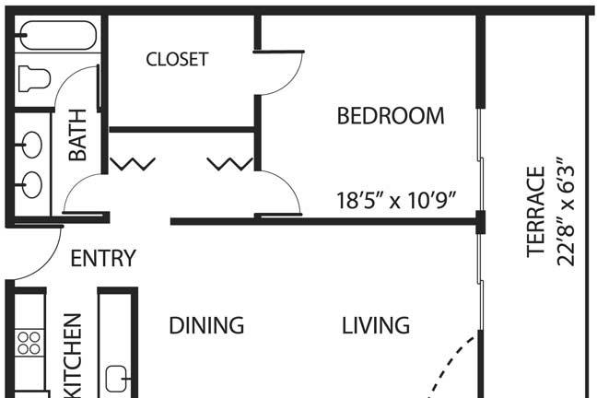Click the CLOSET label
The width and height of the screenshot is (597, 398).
177,59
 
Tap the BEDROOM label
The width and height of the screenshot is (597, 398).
391,116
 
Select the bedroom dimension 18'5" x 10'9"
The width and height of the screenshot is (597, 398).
396,200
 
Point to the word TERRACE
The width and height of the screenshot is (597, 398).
536,212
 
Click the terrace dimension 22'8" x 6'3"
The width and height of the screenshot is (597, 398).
565,211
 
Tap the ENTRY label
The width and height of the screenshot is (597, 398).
103,258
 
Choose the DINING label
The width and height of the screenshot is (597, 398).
206,325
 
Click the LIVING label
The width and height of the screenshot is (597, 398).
376,325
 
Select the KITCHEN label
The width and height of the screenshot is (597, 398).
73,356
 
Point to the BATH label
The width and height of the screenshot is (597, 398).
77,135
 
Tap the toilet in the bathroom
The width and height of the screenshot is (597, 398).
34,79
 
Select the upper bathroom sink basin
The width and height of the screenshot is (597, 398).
31,145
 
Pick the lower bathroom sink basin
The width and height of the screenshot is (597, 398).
31,184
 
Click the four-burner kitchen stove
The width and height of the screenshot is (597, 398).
29,343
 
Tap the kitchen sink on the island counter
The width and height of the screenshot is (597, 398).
117,379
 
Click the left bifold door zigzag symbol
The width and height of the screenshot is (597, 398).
133,164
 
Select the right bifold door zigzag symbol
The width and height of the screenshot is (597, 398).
229,164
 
